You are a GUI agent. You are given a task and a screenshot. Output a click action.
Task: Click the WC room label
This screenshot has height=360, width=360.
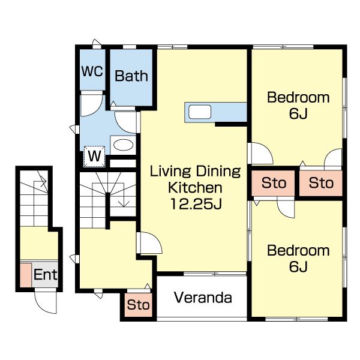coord(92,71)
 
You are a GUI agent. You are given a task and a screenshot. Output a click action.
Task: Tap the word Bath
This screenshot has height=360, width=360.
coord(131,76)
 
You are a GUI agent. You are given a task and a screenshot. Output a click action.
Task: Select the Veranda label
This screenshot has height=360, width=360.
coord(203,298)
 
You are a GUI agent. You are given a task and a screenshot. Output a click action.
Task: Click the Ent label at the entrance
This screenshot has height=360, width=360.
coord(45,274)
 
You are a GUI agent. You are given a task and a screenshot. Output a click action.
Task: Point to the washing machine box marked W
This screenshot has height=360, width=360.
coord(94,157)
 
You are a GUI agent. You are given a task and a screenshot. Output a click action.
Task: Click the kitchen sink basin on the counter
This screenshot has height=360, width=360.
coord(200,112)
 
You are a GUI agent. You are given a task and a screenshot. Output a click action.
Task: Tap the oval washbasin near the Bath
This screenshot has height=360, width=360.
coord(123,145)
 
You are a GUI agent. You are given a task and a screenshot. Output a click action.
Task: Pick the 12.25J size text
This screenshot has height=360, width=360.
coord(196,203)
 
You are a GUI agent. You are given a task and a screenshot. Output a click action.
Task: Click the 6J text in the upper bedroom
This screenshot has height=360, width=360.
coord(298,113)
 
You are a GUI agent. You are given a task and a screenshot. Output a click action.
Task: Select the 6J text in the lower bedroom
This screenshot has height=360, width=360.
coord(298,266)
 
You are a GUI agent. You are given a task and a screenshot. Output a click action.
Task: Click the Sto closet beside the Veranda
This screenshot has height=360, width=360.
coord(139,305)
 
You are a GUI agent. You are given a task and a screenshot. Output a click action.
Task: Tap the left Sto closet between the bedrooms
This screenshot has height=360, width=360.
coord(273,183)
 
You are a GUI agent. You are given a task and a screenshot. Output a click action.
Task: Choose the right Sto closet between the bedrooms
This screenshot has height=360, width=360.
coord(321,183)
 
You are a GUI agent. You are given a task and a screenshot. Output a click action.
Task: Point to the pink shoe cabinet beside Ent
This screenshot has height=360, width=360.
coord(26,275)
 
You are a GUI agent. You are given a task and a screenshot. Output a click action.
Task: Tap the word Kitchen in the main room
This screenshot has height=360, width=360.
coord(195,188)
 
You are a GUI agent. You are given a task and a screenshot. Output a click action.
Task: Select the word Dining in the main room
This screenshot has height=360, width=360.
coord(218,172)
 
